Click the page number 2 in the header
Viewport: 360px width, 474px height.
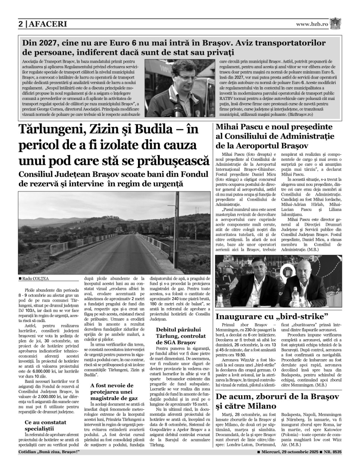pyautogui.click(x=21, y=24)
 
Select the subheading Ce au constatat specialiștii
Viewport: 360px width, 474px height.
pyautogui.click(x=46, y=425)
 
